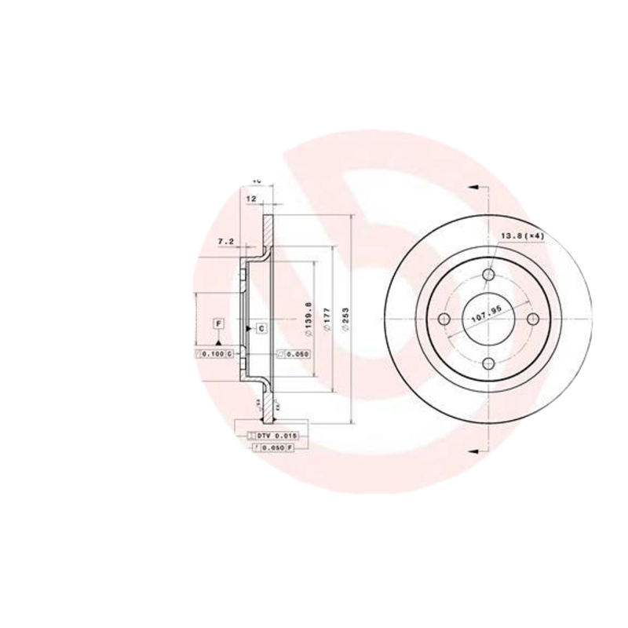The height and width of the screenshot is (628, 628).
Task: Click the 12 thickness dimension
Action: tap(252, 199)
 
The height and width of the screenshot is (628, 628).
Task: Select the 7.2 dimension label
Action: tap(225, 242)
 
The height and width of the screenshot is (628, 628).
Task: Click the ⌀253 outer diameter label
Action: tap(345, 319)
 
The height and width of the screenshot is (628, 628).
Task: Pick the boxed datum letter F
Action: tap(218, 323)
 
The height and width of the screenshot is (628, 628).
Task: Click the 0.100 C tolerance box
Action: tap(214, 355)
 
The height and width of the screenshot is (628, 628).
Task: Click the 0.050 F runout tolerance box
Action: tap(273, 447)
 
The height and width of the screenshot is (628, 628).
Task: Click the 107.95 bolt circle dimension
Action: tap(487, 318)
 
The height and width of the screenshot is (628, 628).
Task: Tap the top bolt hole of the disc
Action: tap(490, 274)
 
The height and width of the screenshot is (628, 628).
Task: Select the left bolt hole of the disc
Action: tap(444, 319)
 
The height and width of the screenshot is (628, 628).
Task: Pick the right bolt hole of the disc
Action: tap(535, 319)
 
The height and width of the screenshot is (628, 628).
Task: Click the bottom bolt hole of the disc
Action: tap(490, 363)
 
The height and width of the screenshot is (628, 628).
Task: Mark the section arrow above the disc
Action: tap(473, 187)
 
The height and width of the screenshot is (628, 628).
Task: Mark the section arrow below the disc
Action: tap(473, 451)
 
